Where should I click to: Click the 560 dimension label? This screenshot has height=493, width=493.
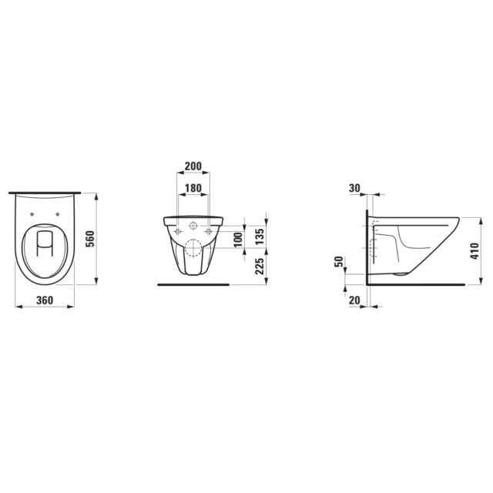click(x=89, y=239)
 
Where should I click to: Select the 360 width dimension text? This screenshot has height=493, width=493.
click(x=45, y=300)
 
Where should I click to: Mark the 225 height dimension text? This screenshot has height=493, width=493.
click(x=260, y=266)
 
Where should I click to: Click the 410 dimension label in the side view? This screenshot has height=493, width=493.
click(x=475, y=248)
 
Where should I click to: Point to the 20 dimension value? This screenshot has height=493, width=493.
click(x=354, y=300)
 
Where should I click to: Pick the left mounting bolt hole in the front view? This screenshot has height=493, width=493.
click(x=177, y=231)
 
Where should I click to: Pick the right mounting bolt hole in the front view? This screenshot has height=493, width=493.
click(x=208, y=231)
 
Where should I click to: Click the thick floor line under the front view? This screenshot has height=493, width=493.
click(x=193, y=284)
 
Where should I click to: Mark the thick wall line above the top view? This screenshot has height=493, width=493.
click(x=45, y=192)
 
